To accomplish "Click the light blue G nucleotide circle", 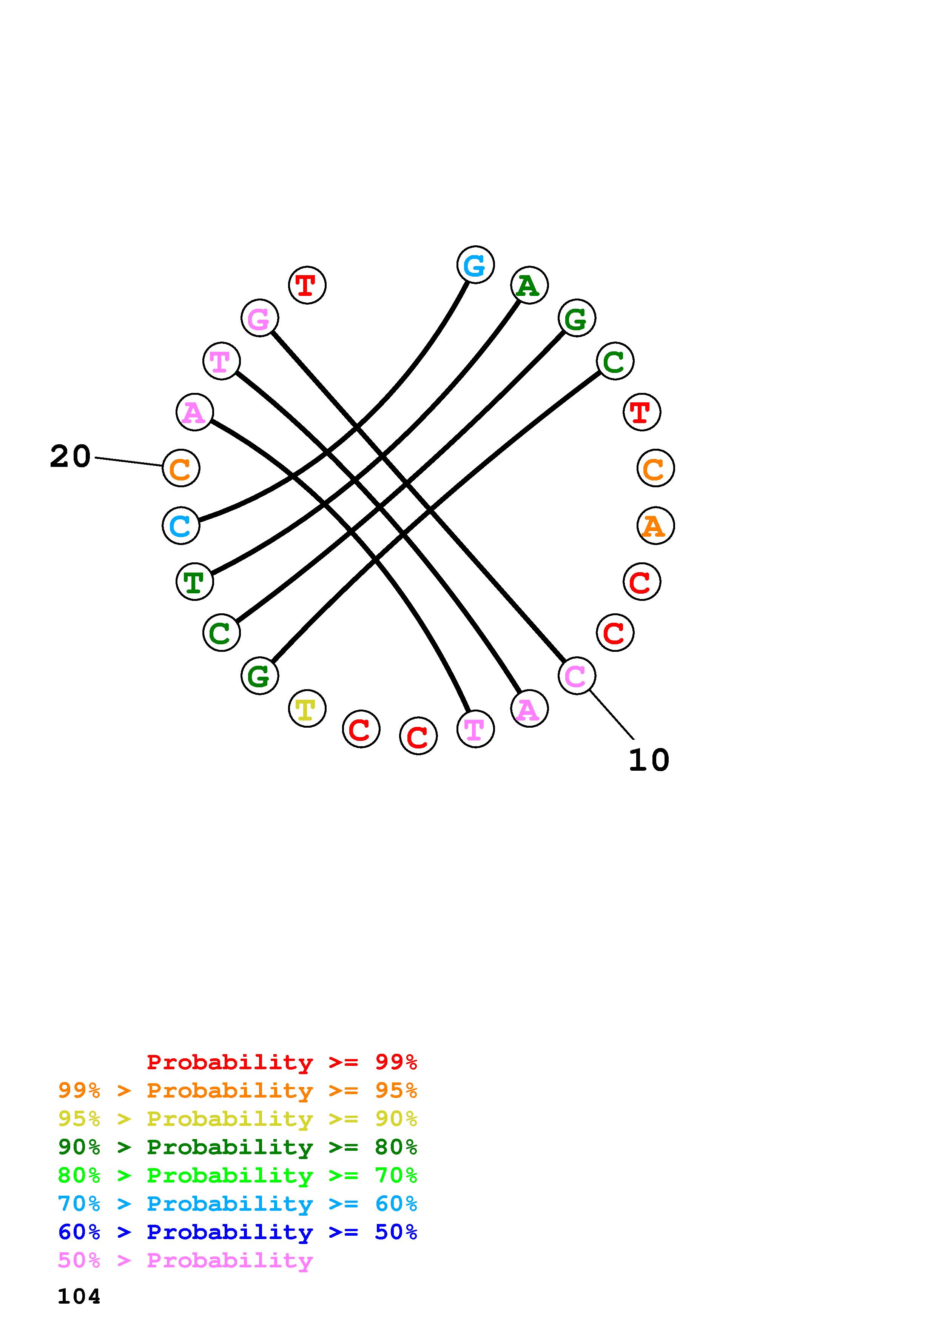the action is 475,265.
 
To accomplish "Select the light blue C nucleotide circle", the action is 181,525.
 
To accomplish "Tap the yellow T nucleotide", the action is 307,709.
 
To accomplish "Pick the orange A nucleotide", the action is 655,526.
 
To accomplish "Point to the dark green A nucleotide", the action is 529,285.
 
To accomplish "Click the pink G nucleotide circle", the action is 259,318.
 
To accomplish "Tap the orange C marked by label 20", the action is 181,468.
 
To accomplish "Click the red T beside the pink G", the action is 307,285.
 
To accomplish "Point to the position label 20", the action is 70,457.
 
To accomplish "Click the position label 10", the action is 649,760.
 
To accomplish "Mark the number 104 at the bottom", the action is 79,1297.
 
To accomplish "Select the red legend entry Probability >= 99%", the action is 281,1062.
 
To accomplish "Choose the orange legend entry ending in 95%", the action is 237,1090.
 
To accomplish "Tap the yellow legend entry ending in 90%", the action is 237,1119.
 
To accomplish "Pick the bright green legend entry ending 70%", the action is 237,1175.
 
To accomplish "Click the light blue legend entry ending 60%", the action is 237,1204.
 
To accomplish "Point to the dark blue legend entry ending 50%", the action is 237,1232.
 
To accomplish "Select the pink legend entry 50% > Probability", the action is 185,1260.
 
